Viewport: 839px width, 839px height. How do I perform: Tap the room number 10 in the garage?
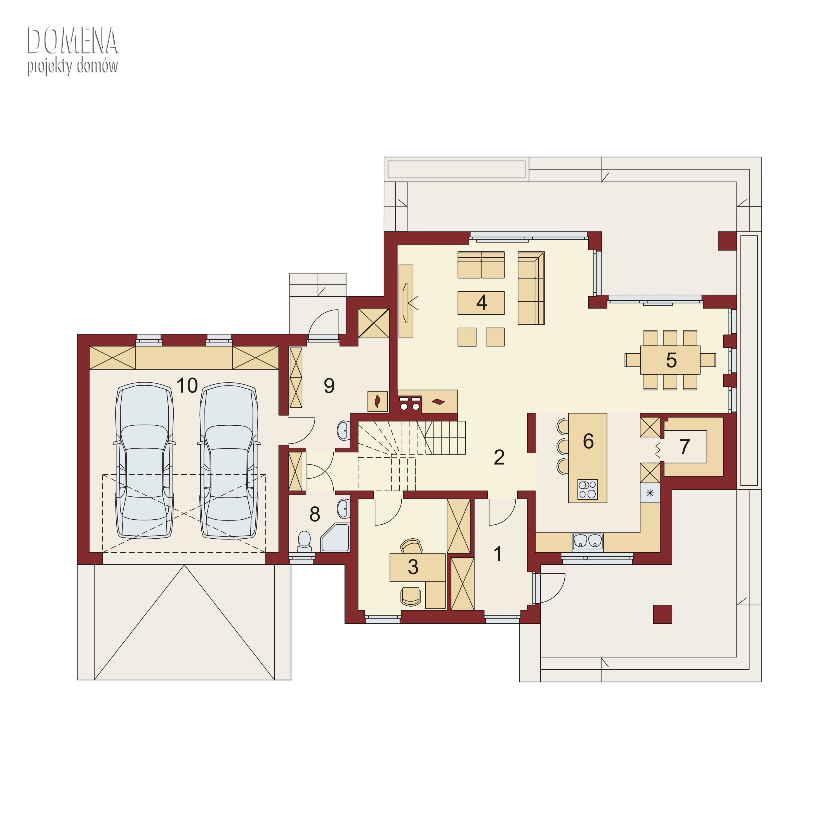click(x=187, y=385)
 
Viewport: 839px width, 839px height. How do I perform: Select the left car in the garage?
click(x=144, y=461)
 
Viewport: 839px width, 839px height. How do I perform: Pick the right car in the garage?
click(x=229, y=461)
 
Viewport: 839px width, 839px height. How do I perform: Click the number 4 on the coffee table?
click(x=481, y=302)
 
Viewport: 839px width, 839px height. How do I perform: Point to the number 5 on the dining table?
click(x=671, y=360)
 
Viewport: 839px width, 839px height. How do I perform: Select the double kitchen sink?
click(x=588, y=541)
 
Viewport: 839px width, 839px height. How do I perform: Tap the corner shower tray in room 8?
click(x=335, y=538)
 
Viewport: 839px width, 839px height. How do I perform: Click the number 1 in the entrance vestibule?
click(x=498, y=554)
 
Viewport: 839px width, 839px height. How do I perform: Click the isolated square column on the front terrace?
click(x=663, y=614)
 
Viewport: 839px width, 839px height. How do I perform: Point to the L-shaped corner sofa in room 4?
click(x=531, y=288)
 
